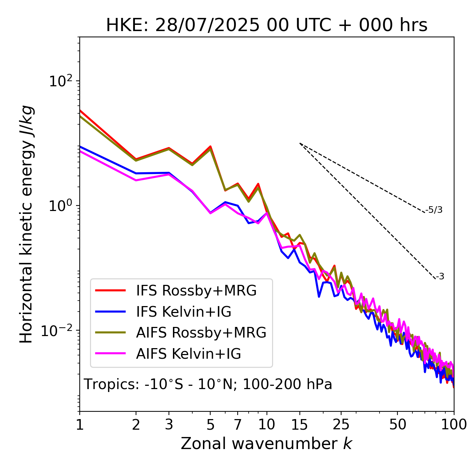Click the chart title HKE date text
pyautogui.click(x=267, y=26)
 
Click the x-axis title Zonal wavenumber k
pyautogui.click(x=266, y=444)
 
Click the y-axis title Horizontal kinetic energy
pyautogui.click(x=27, y=224)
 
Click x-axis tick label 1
pyautogui.click(x=80, y=425)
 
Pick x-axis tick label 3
pyautogui.click(x=169, y=425)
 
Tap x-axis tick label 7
pyautogui.click(x=238, y=425)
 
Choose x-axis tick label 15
pyautogui.click(x=299, y=425)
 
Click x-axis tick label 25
pyautogui.click(x=341, y=425)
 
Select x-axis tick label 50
pyautogui.click(x=397, y=425)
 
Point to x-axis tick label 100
pyautogui.click(x=454, y=425)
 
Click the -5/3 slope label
pyautogui.click(x=434, y=210)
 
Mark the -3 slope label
pyautogui.click(x=440, y=277)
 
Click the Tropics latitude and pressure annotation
pyautogui.click(x=208, y=384)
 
